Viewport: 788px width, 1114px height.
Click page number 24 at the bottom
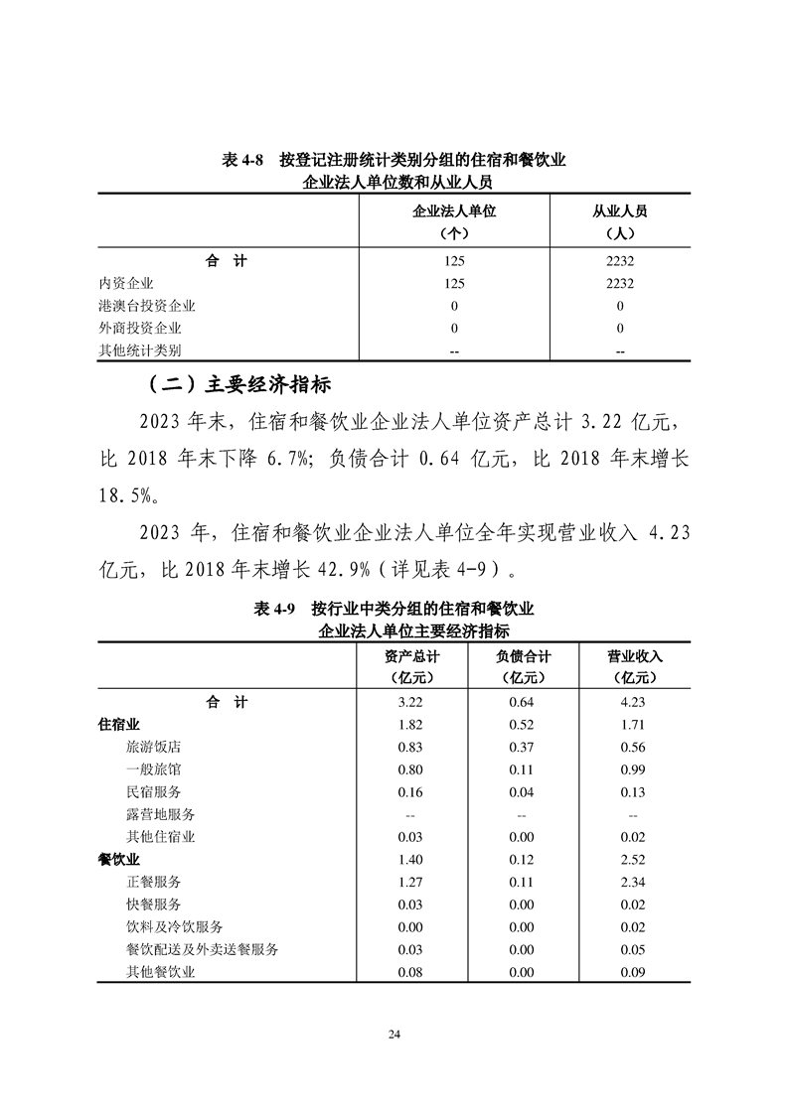394,1035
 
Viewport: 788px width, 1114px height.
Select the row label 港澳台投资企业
147,306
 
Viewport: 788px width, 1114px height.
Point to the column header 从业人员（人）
619,223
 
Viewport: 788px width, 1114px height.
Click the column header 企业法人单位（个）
453,223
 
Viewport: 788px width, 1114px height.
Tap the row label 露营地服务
160,814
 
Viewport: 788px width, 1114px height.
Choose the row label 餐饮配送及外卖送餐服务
202,949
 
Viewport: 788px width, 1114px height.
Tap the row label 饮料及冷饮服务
174,926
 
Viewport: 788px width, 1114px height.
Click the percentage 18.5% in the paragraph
133,494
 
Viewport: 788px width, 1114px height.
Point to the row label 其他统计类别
140,350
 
